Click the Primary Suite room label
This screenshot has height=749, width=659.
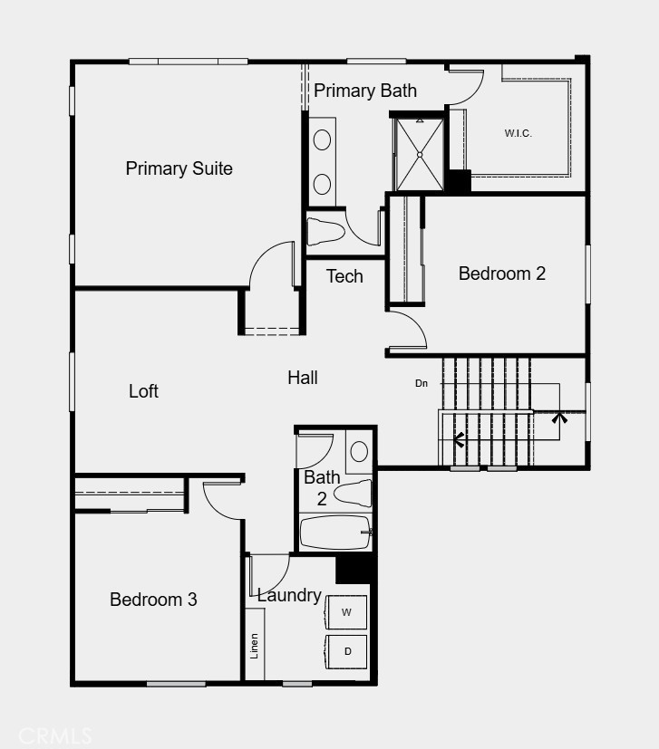[x=179, y=168]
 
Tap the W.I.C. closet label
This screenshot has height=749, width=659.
[x=518, y=134]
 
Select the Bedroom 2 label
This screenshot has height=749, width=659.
[x=502, y=274]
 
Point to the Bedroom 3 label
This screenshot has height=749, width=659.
[x=153, y=600]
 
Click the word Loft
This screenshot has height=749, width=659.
[x=143, y=391]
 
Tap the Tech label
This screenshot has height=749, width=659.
[x=344, y=276]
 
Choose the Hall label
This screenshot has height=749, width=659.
[x=303, y=378]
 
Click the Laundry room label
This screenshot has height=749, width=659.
[x=288, y=595]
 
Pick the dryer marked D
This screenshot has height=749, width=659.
[x=346, y=651]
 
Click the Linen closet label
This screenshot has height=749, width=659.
[x=255, y=646]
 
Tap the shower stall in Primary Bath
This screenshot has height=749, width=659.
[x=419, y=154]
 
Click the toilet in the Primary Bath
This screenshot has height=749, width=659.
[x=325, y=231]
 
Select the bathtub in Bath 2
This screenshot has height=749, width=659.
[x=334, y=533]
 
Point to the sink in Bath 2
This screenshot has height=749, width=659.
[x=359, y=451]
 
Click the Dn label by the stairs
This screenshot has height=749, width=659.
[x=422, y=383]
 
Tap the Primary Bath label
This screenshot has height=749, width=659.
[x=365, y=91]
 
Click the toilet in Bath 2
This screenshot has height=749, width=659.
[x=353, y=494]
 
